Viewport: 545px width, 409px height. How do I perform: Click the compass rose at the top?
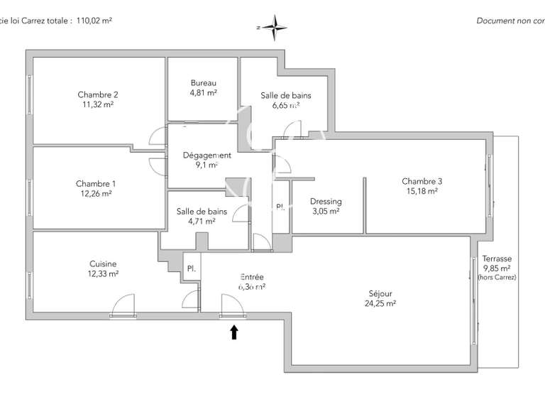point(275,26)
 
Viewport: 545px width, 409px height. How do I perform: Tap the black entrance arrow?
point(234,332)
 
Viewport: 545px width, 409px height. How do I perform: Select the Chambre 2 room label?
point(98,94)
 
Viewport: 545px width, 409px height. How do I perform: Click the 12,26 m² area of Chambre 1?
point(96,193)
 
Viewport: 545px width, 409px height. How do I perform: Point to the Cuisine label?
point(103,263)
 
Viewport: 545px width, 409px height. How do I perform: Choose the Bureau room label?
point(203,83)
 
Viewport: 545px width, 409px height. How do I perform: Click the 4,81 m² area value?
point(203,93)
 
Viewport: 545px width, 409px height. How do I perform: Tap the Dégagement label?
point(207,156)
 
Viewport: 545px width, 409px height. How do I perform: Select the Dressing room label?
point(326,202)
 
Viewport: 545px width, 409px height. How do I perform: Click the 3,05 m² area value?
point(326,211)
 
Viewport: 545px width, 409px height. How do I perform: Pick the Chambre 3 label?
point(422,181)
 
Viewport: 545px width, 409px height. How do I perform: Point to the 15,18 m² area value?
point(422,191)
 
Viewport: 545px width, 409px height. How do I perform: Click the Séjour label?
point(380,293)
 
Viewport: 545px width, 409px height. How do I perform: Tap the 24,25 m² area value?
point(380,303)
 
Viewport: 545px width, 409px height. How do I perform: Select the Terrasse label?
point(497,259)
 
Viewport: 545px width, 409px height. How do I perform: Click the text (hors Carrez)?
point(497,278)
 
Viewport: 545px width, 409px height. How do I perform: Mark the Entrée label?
point(252,277)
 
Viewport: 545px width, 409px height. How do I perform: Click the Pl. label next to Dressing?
point(280,207)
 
